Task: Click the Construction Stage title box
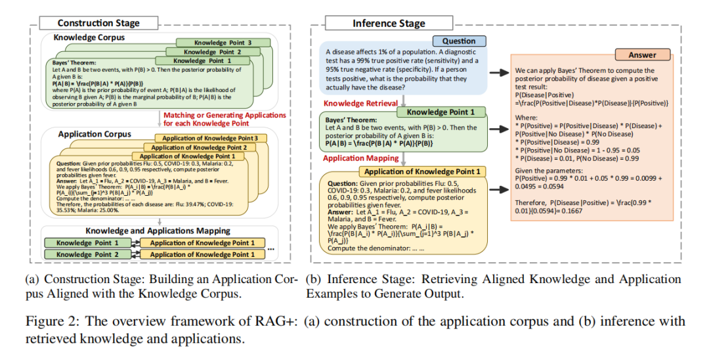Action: pyautogui.click(x=98, y=23)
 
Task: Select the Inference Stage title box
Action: pyautogui.click(x=389, y=24)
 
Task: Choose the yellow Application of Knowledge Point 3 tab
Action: pyautogui.click(x=209, y=138)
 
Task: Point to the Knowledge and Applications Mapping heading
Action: pyautogui.click(x=158, y=231)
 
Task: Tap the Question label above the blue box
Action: pyautogui.click(x=459, y=41)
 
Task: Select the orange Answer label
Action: pyautogui.click(x=642, y=55)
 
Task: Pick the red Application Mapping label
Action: pyautogui.click(x=360, y=159)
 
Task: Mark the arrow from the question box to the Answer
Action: pyautogui.click(x=504, y=72)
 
